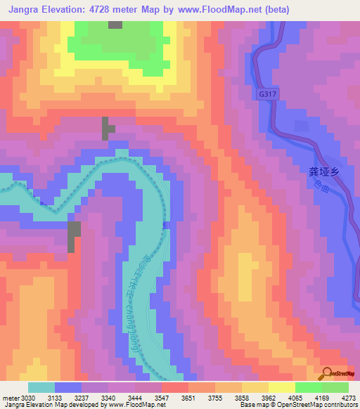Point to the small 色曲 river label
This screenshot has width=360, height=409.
[x=323, y=188]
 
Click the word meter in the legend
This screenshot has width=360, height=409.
[x=9, y=398]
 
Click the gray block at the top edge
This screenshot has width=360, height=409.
[x=115, y=25]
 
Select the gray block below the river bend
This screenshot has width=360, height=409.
[x=74, y=236]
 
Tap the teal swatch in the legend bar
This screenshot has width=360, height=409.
[x=41, y=387]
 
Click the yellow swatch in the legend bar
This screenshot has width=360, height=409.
[x=282, y=387]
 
